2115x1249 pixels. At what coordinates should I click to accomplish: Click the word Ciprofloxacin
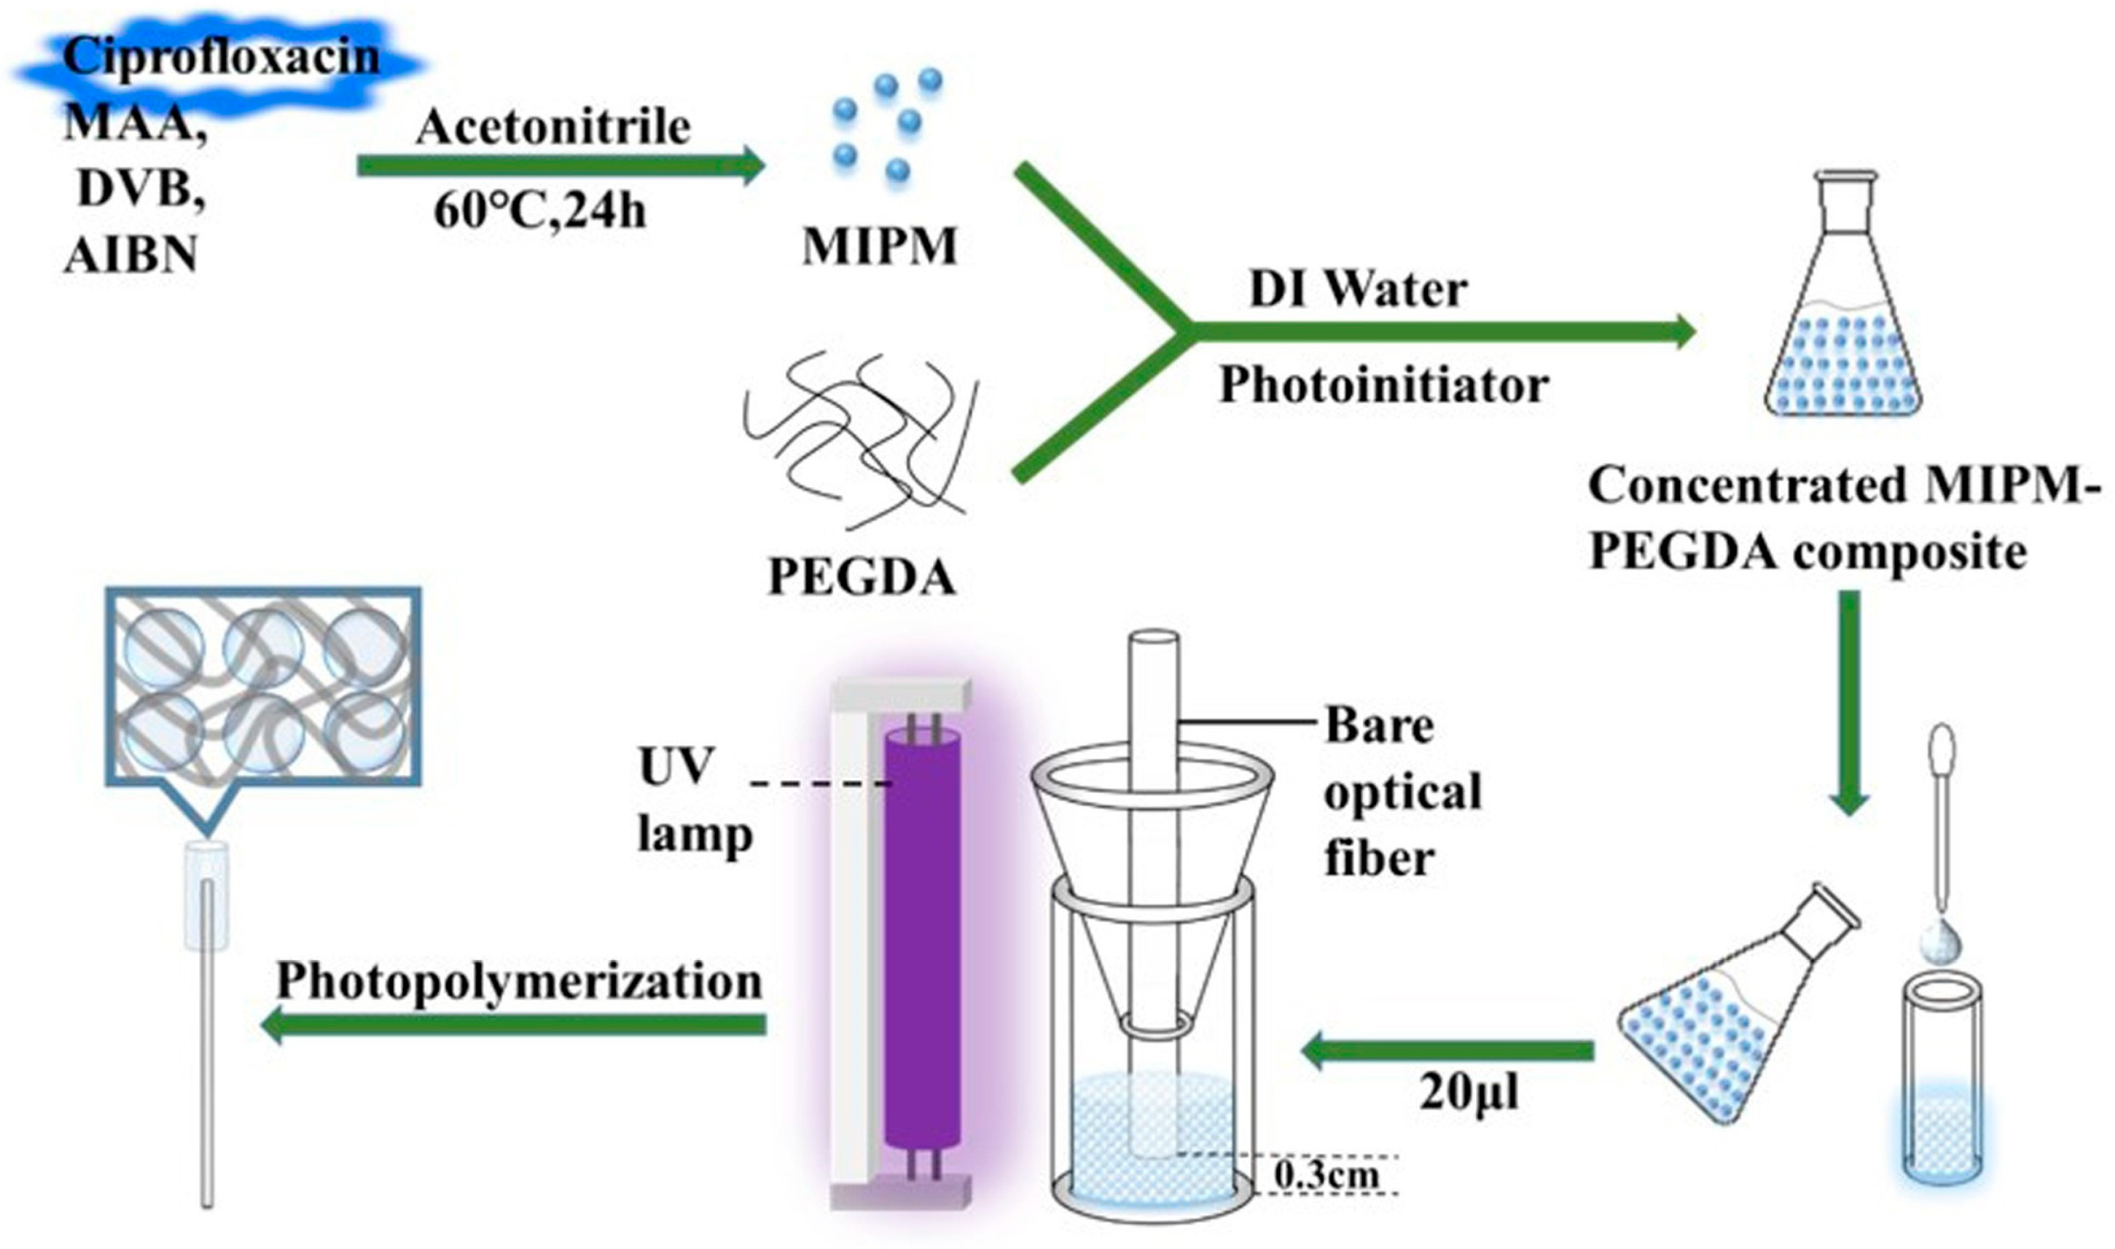221,57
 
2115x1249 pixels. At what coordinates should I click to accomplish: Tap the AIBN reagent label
130,253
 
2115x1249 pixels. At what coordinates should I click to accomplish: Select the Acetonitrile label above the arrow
553,128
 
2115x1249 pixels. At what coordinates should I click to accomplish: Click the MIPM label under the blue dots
879,247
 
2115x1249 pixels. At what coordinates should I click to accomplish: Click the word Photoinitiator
1384,386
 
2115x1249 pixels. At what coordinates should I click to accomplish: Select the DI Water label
1359,289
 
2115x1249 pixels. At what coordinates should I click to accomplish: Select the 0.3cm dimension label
1325,1175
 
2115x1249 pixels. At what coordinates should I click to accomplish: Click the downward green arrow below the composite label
1848,703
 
